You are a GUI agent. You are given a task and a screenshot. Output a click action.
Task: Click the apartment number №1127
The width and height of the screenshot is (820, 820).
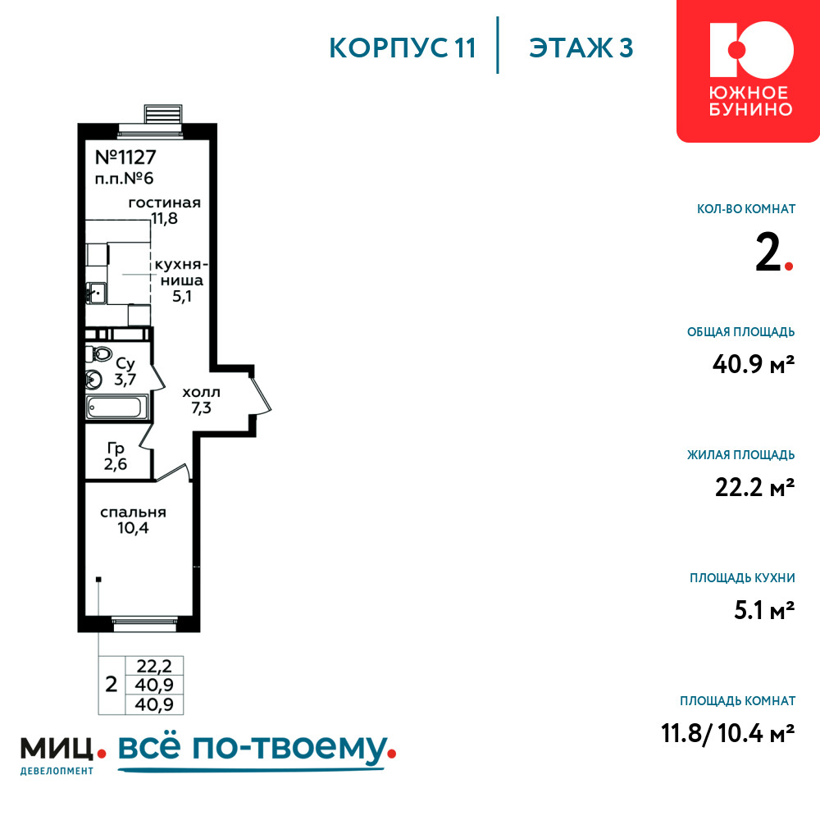[125, 157]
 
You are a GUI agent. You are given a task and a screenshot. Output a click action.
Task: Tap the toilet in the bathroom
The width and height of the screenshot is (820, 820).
[99, 353]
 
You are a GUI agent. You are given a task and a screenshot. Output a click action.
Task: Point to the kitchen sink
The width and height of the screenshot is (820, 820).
[96, 293]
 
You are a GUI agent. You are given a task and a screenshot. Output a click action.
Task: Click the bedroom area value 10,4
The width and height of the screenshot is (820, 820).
[133, 527]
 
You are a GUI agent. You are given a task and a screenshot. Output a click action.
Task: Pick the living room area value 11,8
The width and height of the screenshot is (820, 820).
[164, 218]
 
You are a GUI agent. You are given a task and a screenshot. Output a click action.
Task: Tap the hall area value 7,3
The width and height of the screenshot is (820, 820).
[201, 408]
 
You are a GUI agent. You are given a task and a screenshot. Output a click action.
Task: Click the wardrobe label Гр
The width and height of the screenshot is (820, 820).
[116, 449]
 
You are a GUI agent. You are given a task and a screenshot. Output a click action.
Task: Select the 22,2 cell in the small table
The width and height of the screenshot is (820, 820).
[154, 666]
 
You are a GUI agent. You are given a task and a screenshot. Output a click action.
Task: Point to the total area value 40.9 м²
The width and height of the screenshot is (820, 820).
[754, 363]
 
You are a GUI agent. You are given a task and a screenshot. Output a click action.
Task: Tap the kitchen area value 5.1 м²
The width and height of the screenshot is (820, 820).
[764, 610]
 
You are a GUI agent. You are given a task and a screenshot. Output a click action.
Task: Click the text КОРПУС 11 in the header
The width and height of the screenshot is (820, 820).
[403, 48]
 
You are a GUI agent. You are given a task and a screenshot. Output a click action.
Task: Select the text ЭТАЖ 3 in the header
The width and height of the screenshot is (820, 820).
[581, 48]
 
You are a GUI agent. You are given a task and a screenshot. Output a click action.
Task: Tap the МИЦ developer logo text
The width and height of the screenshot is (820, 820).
[57, 749]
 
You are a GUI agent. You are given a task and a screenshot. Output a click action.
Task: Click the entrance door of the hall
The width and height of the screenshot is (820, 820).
[261, 392]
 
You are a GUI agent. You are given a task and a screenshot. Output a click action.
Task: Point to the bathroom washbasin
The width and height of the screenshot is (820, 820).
[93, 379]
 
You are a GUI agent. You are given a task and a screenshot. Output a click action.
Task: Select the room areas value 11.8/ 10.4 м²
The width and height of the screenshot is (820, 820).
[728, 732]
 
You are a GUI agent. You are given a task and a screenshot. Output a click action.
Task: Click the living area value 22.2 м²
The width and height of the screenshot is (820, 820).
[754, 487]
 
